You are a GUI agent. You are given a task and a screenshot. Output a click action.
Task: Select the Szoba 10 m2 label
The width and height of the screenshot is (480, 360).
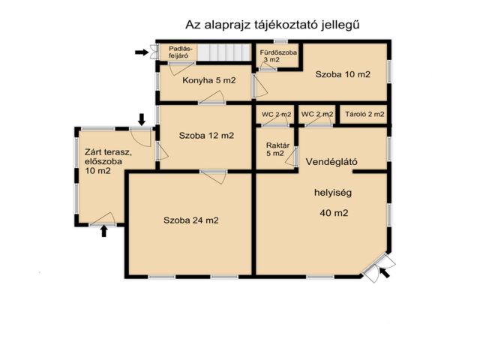tap(343, 75)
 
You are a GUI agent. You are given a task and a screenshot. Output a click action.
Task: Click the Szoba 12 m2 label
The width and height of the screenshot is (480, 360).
tap(206, 136)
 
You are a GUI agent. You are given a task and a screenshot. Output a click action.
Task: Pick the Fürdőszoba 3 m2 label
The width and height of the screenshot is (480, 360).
tap(278, 55)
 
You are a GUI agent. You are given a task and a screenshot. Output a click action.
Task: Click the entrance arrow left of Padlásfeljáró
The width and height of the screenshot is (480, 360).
tap(140, 52)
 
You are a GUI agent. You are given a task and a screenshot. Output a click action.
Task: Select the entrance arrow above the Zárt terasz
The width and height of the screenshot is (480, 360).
tap(142, 118)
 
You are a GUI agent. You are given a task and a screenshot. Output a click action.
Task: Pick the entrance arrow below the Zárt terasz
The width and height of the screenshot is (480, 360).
tap(104, 232)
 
